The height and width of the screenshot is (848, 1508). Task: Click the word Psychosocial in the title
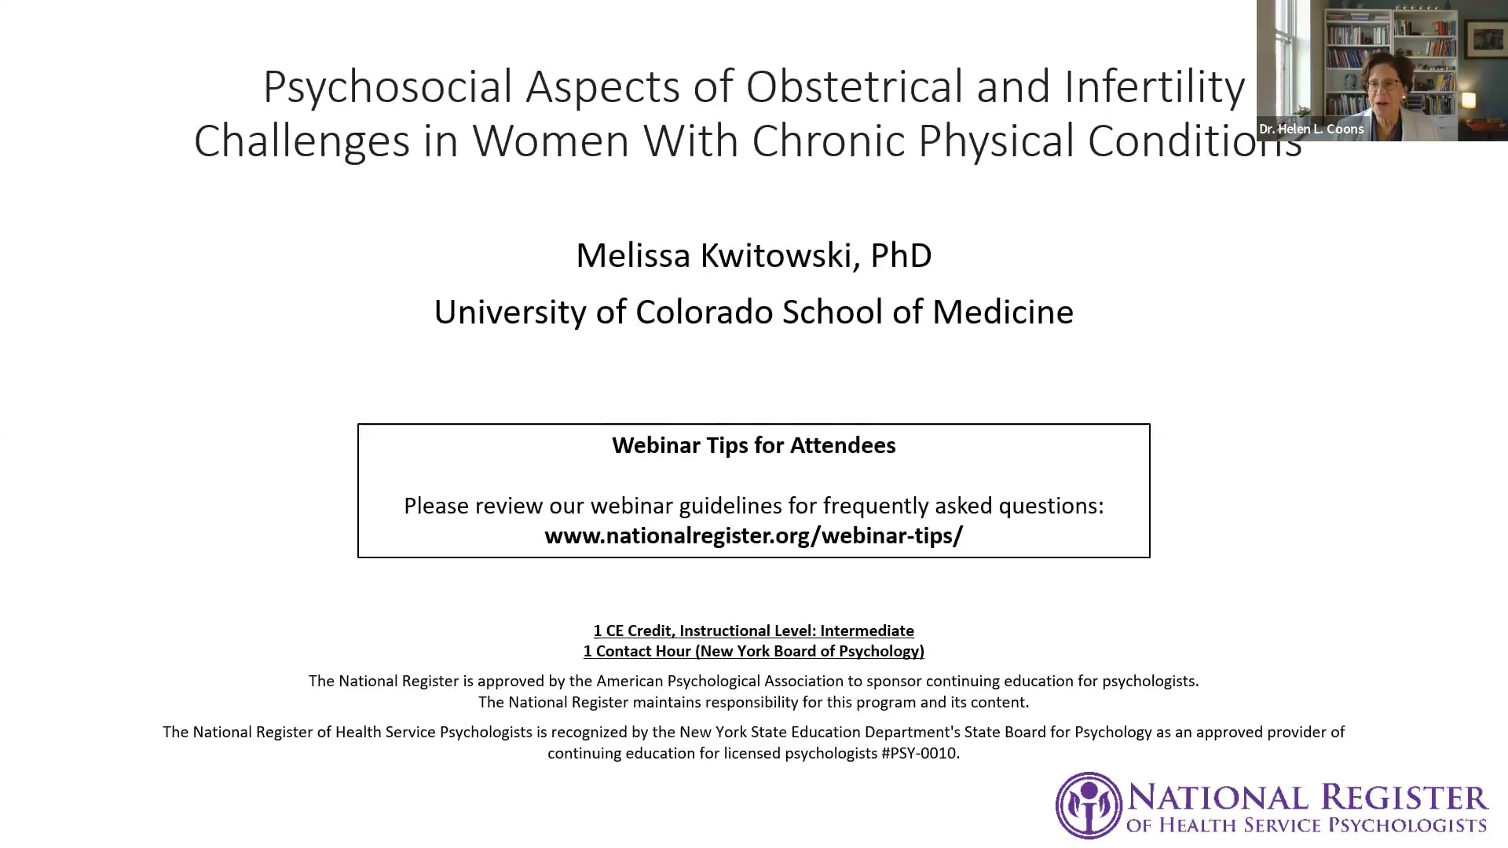(387, 88)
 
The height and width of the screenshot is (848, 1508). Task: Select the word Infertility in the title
(1155, 88)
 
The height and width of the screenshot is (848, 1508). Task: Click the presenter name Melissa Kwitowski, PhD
(754, 256)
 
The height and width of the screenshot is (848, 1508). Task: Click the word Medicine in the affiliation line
(1003, 312)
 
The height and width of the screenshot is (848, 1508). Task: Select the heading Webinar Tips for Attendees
(754, 445)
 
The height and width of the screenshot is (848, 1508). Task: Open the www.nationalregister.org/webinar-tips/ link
(754, 535)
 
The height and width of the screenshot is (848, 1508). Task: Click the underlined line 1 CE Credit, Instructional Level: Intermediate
(754, 631)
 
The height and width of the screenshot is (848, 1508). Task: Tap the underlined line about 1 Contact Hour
(754, 651)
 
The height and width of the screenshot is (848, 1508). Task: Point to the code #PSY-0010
(919, 754)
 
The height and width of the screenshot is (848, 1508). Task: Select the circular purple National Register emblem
(1089, 806)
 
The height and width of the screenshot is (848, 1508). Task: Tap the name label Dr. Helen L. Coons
(1312, 130)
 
